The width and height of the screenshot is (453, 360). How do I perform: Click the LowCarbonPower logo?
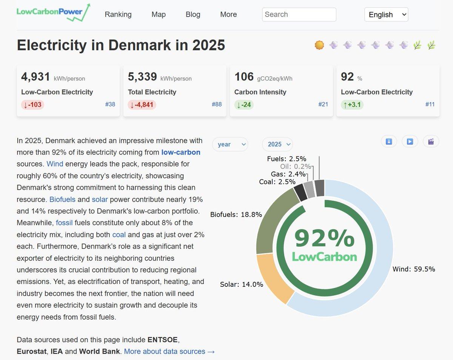point(53,12)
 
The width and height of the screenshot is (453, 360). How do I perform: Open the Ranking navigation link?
point(118,14)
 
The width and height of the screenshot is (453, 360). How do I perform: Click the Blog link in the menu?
point(193,14)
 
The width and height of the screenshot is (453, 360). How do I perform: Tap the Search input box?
point(299,14)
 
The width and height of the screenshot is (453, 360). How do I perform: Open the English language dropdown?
point(386,14)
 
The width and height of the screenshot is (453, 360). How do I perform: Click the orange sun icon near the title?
point(319,45)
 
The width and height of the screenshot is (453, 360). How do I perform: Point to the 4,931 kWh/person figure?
point(35,77)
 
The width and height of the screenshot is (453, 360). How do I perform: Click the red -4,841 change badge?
point(142,105)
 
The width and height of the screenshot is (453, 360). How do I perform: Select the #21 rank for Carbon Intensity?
point(323,104)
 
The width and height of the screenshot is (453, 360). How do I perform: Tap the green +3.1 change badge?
point(352,105)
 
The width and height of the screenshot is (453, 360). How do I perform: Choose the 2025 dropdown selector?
point(277,144)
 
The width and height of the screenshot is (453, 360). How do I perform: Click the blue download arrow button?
point(389,142)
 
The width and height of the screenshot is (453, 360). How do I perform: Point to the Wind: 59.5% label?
point(414,269)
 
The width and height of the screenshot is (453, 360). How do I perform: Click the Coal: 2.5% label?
point(277,182)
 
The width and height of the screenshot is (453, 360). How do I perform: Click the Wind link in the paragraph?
point(55,164)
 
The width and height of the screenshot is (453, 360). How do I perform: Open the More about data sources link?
point(169,351)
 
